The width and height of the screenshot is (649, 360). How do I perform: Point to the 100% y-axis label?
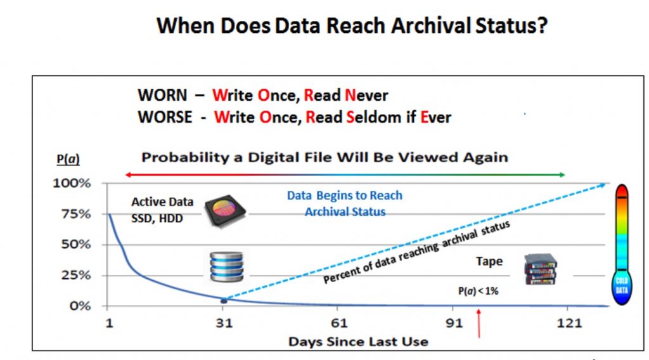[72, 183]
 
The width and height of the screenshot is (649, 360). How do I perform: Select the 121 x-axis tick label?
[570, 323]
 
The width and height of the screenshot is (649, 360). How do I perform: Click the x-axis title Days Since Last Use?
[359, 342]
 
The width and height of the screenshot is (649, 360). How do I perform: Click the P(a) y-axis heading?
[68, 159]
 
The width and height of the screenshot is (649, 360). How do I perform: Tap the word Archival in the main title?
[431, 25]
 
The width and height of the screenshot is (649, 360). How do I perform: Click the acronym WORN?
[162, 95]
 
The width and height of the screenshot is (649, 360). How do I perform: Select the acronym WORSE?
[165, 117]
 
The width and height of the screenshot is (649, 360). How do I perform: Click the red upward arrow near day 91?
[479, 323]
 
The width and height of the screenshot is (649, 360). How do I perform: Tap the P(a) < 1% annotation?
[478, 292]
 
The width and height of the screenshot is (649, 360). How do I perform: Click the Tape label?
[489, 262]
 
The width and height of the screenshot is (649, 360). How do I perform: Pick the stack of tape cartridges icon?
[541, 269]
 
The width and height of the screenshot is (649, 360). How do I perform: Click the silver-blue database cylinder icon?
[226, 266]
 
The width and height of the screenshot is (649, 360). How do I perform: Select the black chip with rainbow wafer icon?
[225, 210]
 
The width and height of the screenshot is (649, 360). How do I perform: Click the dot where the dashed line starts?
[224, 300]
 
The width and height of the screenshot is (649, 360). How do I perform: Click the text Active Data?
[162, 202]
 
